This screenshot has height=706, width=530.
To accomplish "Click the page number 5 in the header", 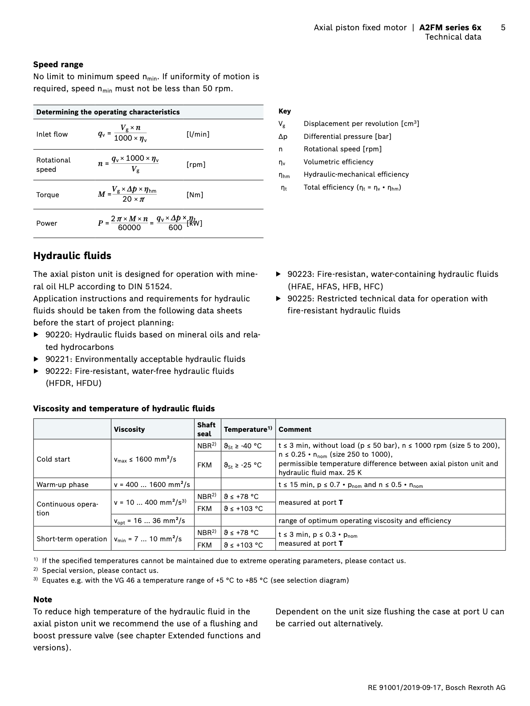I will (503, 28).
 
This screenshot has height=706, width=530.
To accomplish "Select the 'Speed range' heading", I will (58, 65).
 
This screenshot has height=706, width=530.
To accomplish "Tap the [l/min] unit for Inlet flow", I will (198, 134).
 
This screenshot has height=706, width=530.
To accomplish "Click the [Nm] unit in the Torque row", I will (195, 195).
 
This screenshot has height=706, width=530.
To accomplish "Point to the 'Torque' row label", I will (48, 195).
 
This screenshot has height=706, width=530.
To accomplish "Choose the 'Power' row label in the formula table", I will (47, 223).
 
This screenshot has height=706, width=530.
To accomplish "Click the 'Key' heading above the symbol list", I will (284, 111).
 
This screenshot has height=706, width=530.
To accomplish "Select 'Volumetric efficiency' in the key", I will (338, 162).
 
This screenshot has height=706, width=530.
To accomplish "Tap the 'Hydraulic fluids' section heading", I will (72, 256).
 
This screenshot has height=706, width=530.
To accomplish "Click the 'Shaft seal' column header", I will (206, 429).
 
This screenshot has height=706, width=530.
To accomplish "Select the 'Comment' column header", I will (295, 430).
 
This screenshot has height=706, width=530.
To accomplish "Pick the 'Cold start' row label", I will (53, 459).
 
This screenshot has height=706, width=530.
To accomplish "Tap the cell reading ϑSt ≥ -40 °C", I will (243, 446).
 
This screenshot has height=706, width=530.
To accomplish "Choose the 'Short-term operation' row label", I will (72, 539).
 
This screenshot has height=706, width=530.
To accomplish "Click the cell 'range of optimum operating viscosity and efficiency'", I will (364, 521).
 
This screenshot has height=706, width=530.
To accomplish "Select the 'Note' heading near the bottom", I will (42, 600).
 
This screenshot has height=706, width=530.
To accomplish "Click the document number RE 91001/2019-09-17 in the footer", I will (404, 688).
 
